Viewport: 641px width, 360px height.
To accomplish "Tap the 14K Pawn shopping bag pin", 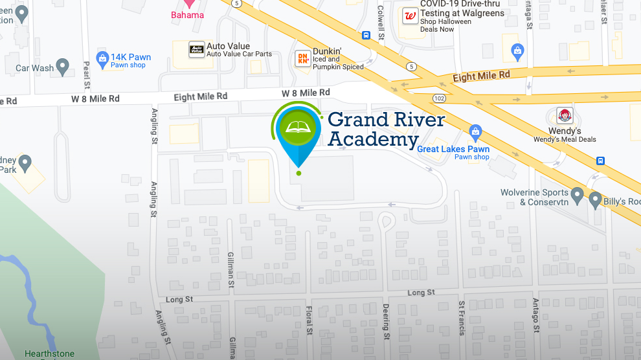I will coord(102,60).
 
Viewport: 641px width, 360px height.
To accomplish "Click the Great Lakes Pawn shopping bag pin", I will coord(476,133).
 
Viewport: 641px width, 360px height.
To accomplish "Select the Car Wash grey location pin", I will coord(62,66).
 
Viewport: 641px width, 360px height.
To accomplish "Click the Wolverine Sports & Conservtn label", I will coord(534,197).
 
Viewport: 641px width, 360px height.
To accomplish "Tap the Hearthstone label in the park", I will coord(49,354).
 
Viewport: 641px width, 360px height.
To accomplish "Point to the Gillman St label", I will coord(230,265).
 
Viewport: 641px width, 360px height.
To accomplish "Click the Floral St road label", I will coord(309,321).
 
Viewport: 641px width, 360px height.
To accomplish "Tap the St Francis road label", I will coord(462,317).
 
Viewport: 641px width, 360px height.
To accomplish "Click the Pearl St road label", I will coord(86,76).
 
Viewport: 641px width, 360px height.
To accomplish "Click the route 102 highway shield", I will coord(439,97).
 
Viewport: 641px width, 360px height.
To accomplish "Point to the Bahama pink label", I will coord(188,15).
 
